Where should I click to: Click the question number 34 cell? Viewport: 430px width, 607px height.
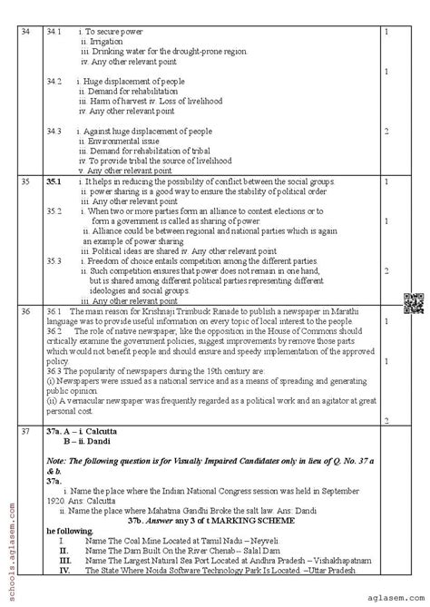click(24, 34)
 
